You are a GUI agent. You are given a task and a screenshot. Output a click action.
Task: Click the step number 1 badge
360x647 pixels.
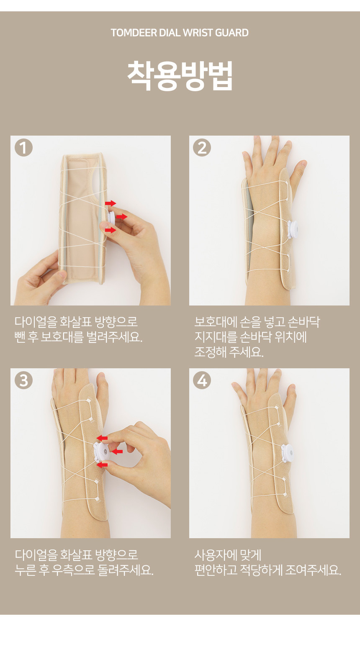24,148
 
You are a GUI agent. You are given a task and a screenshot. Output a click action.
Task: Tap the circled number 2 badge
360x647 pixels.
202,148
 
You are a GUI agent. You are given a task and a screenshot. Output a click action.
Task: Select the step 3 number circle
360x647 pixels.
24,380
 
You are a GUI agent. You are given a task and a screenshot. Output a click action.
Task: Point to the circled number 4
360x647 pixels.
202,380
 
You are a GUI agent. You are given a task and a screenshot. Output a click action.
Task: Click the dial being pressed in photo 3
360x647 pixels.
101,452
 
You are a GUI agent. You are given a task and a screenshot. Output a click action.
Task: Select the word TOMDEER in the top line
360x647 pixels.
134,33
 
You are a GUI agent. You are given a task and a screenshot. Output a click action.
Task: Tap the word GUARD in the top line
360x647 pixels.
232,33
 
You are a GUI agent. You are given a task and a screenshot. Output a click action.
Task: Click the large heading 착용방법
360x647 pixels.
180,75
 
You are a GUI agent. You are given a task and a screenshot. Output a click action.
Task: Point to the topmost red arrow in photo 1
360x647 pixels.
111,203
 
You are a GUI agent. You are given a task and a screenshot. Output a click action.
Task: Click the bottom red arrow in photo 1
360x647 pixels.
111,230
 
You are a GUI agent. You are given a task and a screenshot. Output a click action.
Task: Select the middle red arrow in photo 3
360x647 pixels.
117,451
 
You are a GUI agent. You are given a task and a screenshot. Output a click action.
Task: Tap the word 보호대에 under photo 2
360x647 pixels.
215,322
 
